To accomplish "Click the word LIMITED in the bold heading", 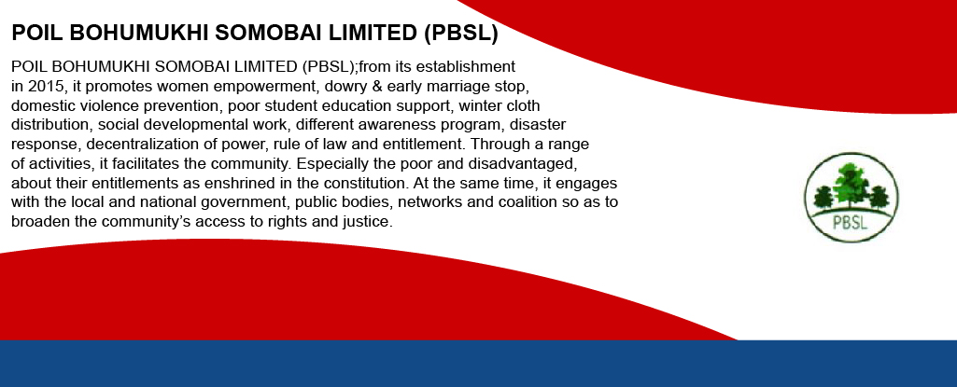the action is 373,34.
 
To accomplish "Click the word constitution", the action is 365,184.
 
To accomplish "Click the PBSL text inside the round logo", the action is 851,223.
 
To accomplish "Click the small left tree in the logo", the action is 823,198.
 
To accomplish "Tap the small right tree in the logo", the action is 880,198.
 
